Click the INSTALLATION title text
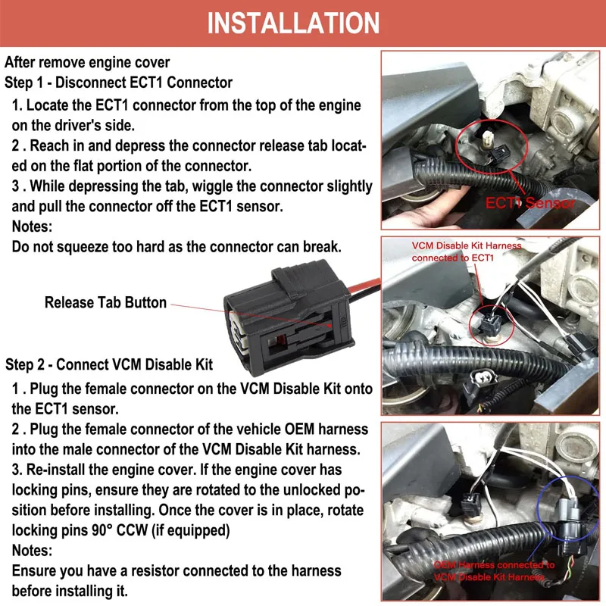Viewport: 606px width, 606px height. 293,23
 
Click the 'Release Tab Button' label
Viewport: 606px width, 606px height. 105,302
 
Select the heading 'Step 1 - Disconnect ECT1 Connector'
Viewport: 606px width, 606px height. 118,82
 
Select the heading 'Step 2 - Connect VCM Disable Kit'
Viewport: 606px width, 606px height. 109,364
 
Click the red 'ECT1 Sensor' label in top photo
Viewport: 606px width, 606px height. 530,202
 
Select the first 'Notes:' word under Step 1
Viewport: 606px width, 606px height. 33,225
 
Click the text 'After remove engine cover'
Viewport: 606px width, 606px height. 87,62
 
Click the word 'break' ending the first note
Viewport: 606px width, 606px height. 321,246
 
